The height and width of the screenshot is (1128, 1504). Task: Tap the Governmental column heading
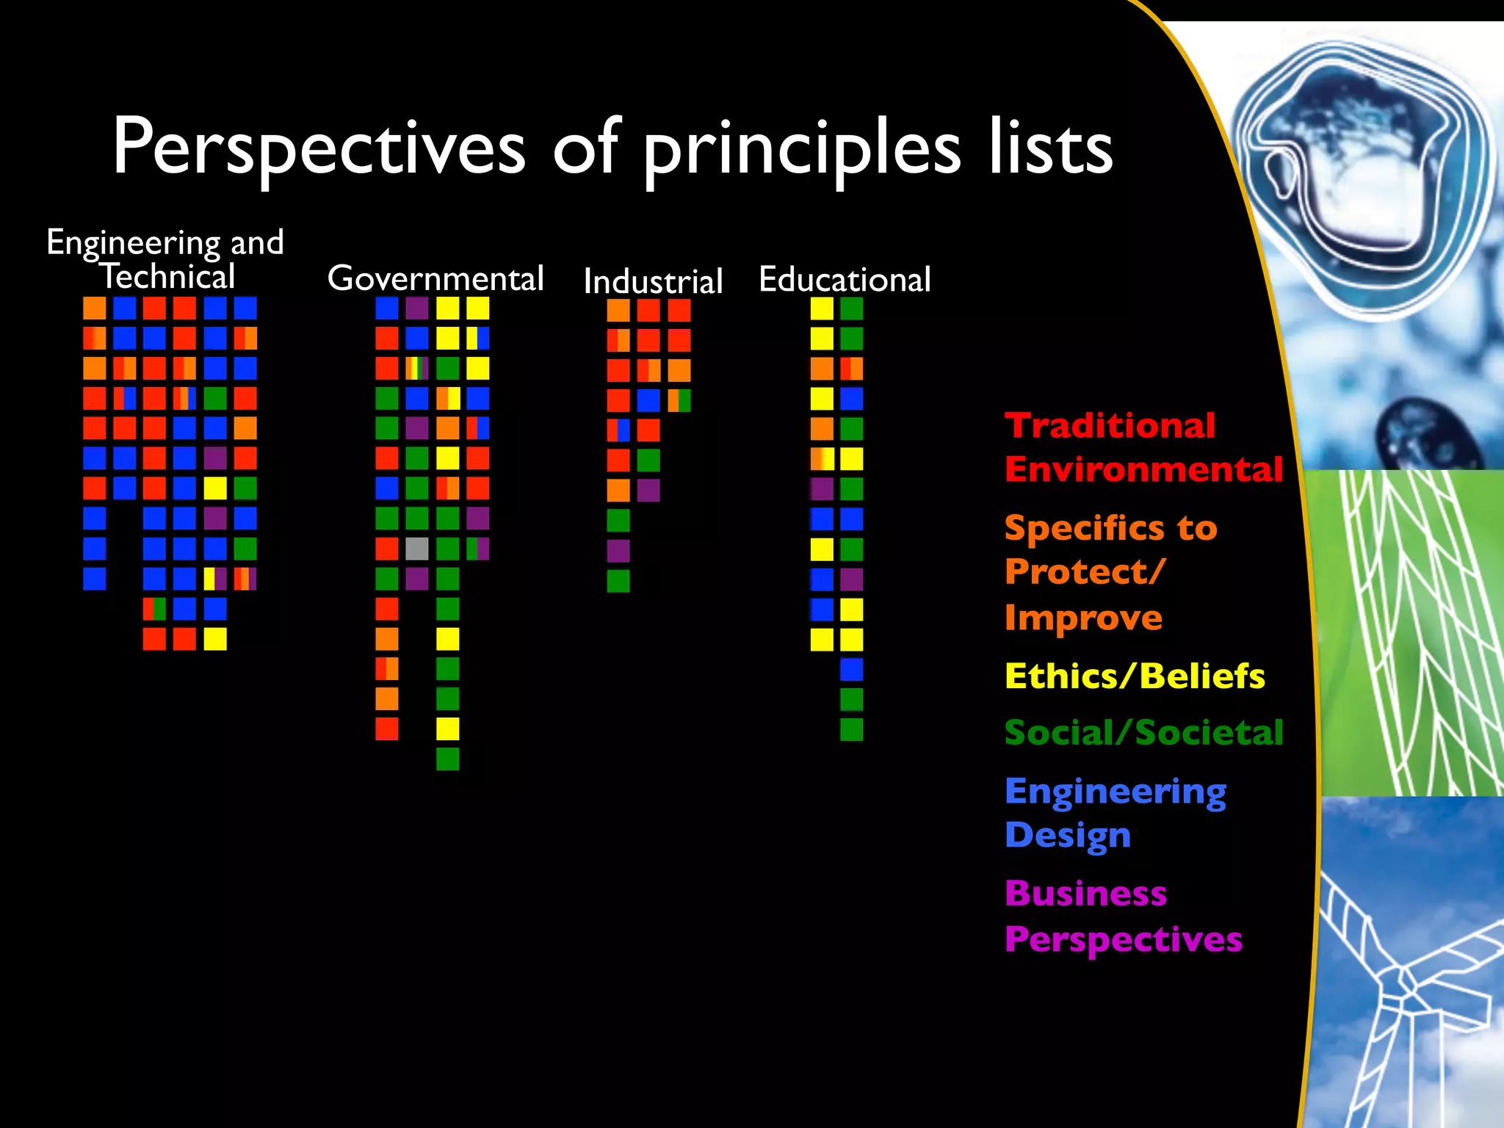[435, 278]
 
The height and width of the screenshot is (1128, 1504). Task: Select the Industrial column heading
[653, 281]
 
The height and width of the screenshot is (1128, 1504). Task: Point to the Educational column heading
[845, 280]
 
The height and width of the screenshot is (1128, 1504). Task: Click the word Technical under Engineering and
[167, 277]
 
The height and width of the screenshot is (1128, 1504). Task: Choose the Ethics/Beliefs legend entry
[1135, 676]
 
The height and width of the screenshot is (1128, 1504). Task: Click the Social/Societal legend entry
[1143, 733]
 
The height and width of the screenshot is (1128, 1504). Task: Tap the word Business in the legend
[1085, 894]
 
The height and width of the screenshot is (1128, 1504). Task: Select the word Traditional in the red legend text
[1110, 426]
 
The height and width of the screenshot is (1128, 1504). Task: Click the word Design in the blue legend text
[1067, 836]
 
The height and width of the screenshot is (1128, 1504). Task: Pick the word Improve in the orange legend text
[1083, 618]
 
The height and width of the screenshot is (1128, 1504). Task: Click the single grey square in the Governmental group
[417, 549]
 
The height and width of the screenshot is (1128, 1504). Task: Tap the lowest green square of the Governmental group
[448, 759]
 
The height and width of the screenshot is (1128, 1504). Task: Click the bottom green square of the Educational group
[852, 729]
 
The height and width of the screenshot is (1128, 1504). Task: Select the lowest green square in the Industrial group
[618, 581]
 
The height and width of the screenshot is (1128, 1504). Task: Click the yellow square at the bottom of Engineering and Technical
[215, 639]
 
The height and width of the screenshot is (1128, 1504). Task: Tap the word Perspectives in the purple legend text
[1124, 939]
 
